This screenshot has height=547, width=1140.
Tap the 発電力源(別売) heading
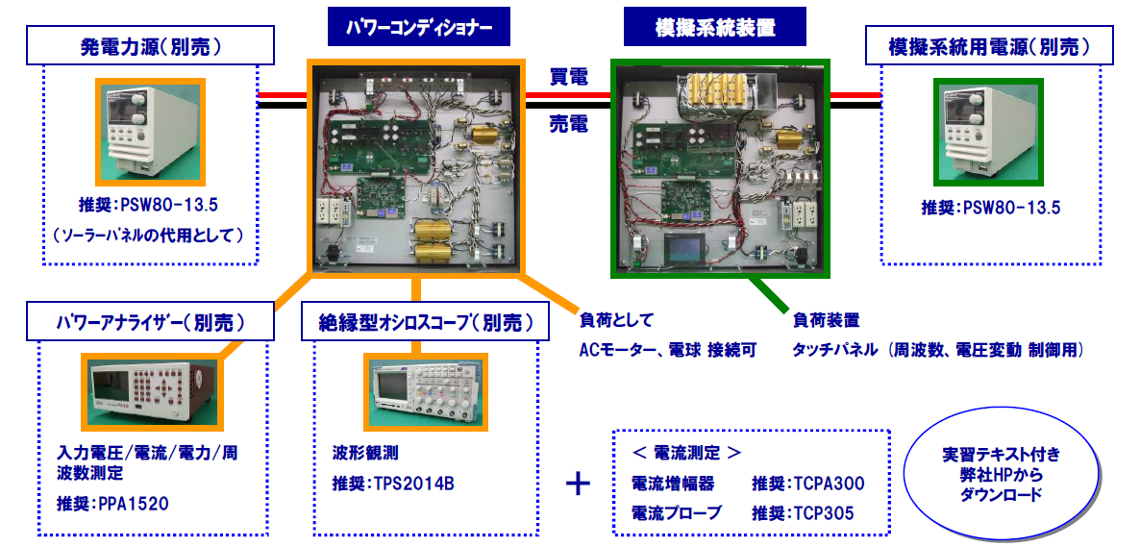coord(150,46)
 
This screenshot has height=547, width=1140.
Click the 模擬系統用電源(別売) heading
coord(991,46)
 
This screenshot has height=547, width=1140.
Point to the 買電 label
coord(569,78)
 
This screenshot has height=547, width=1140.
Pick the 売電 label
coord(569,123)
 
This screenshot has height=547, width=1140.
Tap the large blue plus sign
coord(578,483)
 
